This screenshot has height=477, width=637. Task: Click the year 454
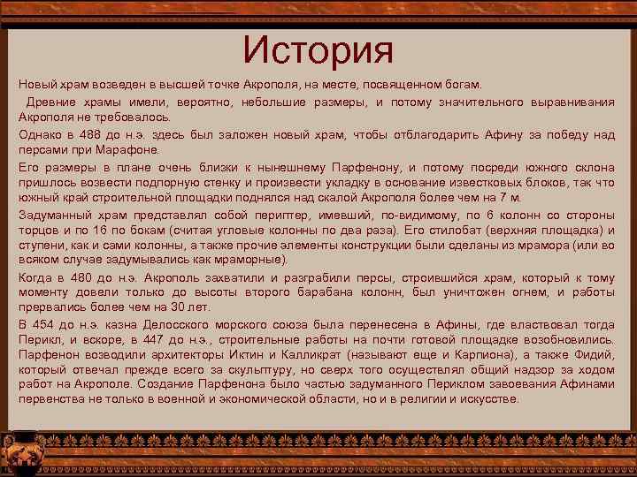[44, 323]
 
